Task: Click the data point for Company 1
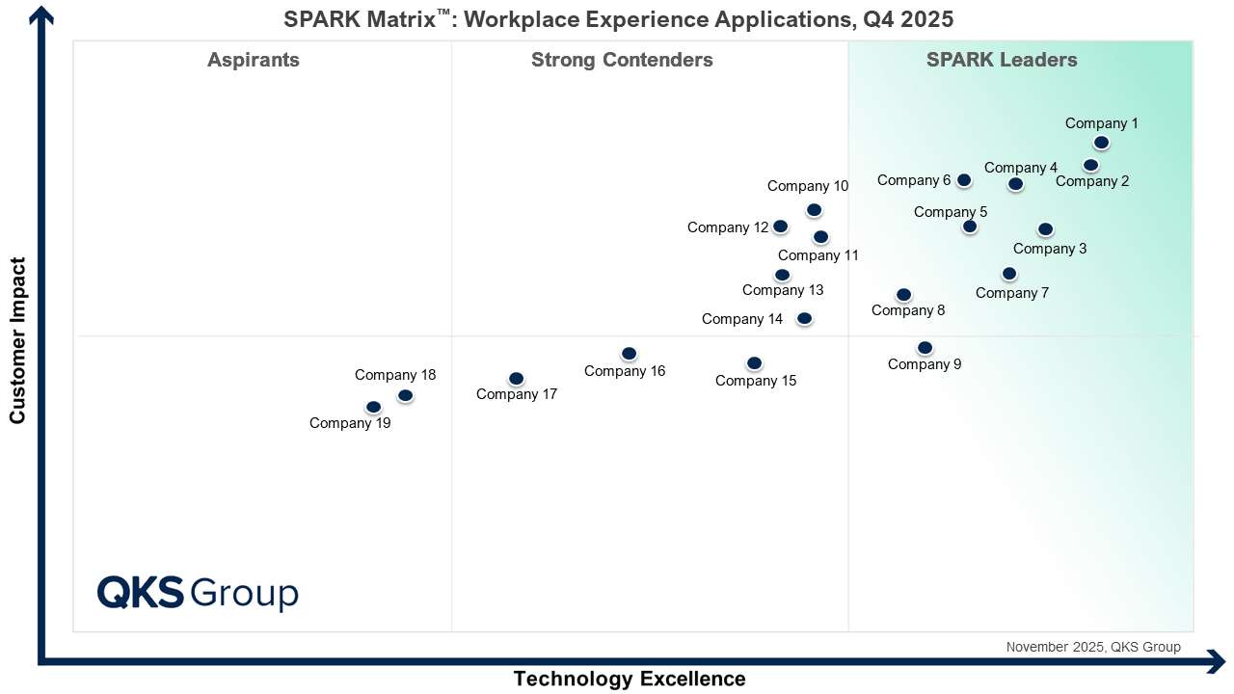click(x=1101, y=143)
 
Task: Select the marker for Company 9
click(x=925, y=347)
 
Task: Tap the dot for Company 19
click(x=373, y=407)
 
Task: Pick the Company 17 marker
click(x=516, y=378)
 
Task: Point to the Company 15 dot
click(x=754, y=363)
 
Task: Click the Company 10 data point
click(x=814, y=209)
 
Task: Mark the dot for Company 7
click(x=1008, y=274)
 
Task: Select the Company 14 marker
click(x=804, y=318)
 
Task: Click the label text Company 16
click(x=625, y=371)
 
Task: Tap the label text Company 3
click(x=1050, y=249)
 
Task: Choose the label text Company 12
click(x=728, y=227)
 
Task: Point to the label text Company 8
click(x=908, y=310)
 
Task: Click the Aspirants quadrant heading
click(x=254, y=60)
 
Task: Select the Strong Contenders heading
click(x=622, y=60)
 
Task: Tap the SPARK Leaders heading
click(x=1002, y=60)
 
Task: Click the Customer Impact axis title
click(x=17, y=339)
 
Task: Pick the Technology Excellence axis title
click(x=629, y=679)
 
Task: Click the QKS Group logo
click(x=198, y=592)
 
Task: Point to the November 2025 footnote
click(x=1092, y=647)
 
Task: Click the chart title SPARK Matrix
click(x=618, y=19)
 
